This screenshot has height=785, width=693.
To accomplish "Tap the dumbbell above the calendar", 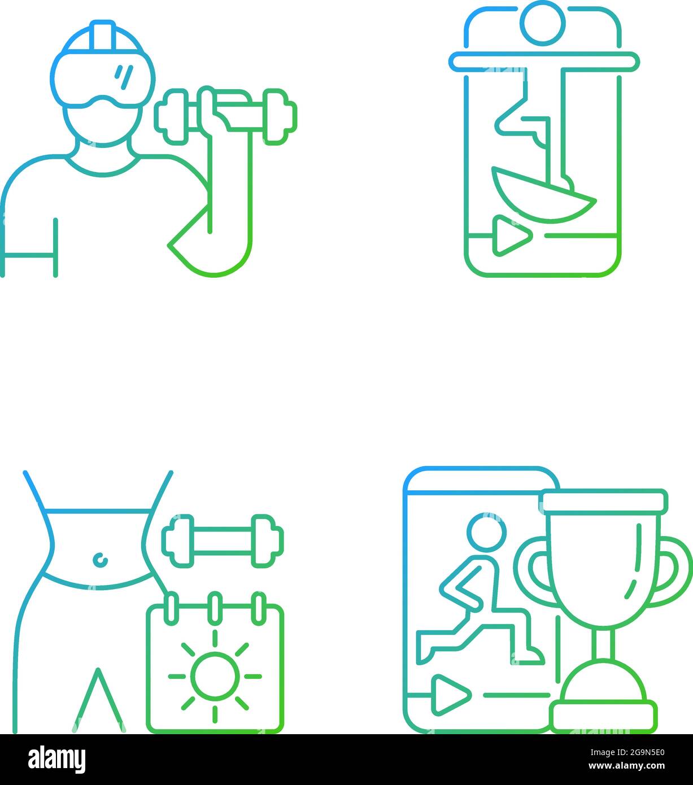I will point(223,540).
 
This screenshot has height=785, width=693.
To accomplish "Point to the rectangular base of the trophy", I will point(603,716).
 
